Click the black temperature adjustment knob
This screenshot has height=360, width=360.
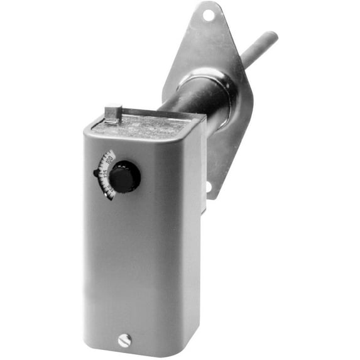125,177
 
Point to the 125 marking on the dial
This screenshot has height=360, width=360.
104,171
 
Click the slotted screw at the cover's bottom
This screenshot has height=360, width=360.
124,341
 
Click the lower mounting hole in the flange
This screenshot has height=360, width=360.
209,187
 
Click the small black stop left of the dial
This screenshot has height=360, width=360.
97,173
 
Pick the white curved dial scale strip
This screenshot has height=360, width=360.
108,175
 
